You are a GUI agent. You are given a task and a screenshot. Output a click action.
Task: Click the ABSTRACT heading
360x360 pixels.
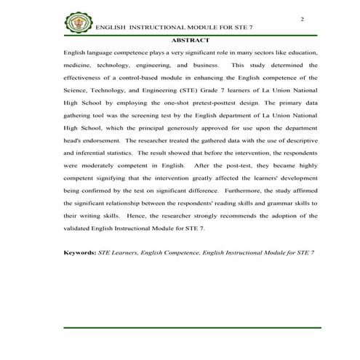(192, 39)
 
